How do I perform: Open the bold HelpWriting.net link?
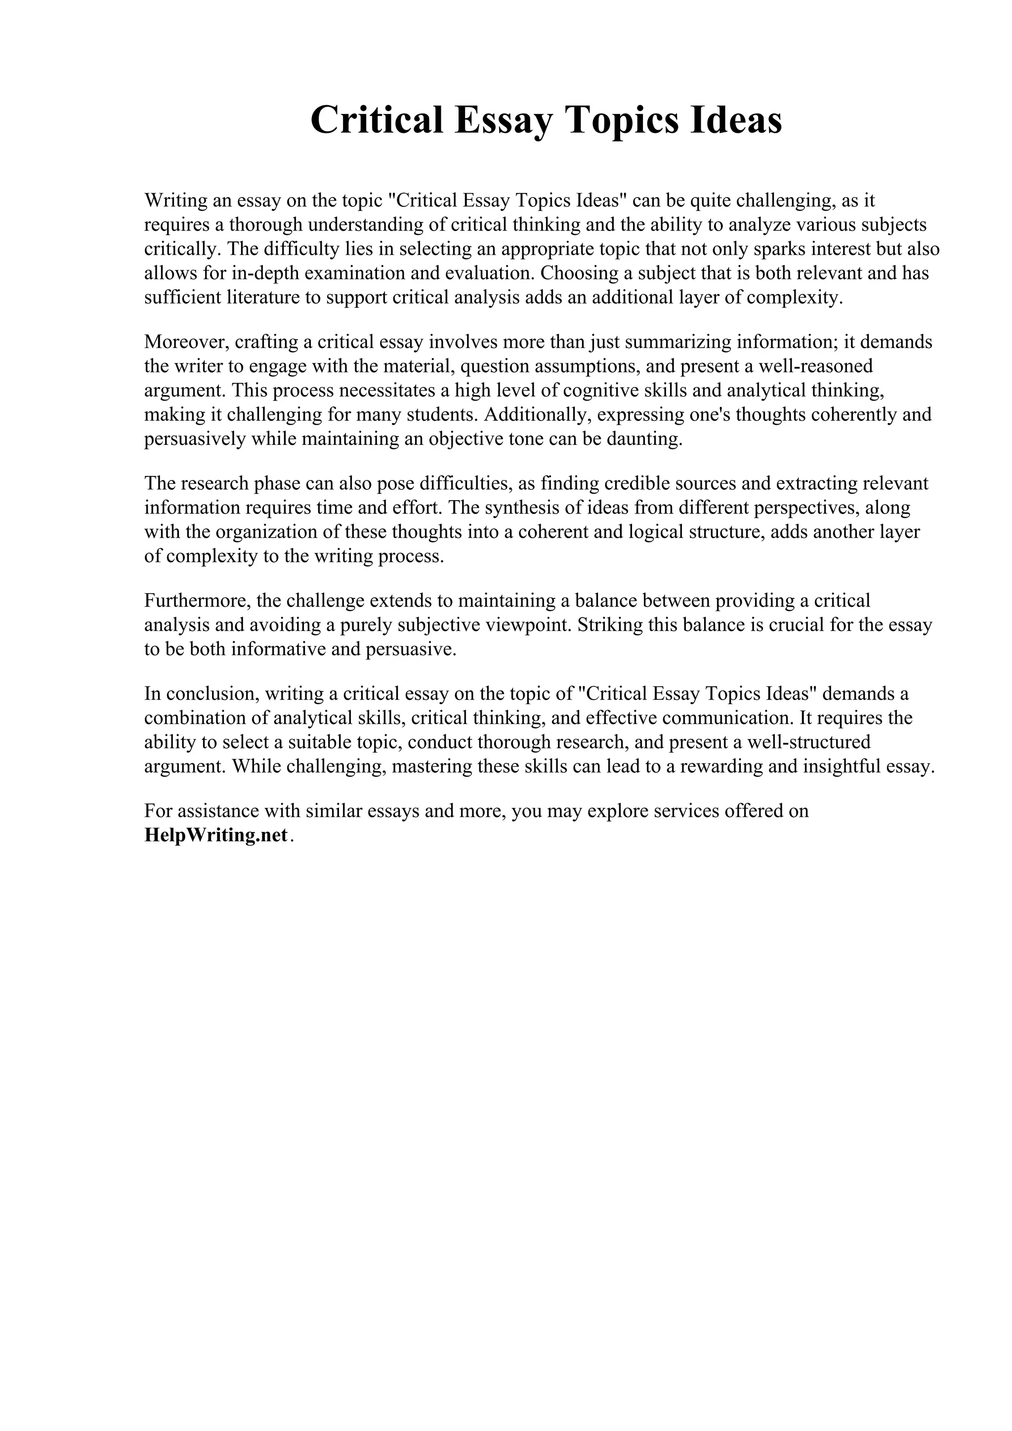click(216, 835)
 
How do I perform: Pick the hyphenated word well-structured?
click(808, 742)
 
